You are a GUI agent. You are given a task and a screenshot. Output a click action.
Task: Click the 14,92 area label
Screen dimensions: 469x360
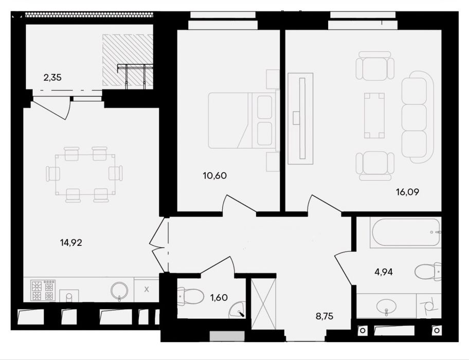tap(71, 243)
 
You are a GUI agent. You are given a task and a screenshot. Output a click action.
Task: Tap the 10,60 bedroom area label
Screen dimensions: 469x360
tap(215, 175)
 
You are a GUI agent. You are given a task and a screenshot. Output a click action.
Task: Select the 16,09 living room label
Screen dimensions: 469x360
tap(407, 192)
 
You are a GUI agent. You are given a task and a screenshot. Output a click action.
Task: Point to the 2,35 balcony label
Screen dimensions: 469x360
tap(52, 78)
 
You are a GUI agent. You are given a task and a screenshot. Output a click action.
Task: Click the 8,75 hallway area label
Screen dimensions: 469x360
tap(324, 316)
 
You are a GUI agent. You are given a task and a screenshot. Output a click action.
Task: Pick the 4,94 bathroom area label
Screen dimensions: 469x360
tap(384, 272)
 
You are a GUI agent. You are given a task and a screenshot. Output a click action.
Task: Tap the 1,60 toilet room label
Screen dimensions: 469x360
tap(219, 297)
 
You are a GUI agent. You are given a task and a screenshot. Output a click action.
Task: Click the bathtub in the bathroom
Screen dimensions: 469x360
tap(405, 232)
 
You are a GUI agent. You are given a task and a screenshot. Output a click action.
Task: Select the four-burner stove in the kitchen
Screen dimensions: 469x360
tap(43, 291)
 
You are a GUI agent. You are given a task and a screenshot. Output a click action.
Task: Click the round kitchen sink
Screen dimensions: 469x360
tap(119, 290)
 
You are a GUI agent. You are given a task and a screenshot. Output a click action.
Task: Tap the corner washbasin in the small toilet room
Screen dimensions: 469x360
tap(237, 310)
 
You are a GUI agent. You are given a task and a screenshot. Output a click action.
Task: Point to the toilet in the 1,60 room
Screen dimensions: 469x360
tap(190, 296)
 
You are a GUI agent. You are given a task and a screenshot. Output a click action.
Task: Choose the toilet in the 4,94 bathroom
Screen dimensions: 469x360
tap(428, 272)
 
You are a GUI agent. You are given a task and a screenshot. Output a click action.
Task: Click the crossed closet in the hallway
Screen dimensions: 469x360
tap(263, 304)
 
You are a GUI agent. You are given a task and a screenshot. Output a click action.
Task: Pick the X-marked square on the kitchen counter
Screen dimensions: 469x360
tap(147, 290)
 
